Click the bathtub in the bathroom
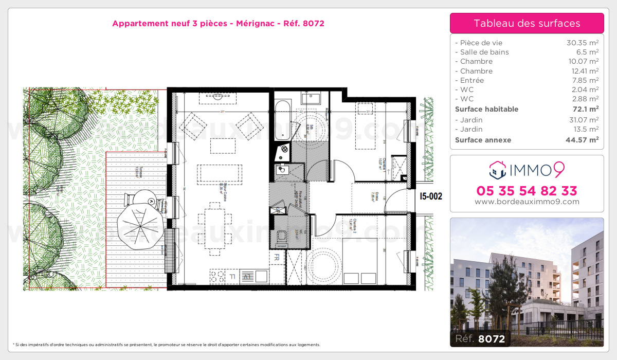282,120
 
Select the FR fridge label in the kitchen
277,257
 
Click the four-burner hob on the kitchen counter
217,276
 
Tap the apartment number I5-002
431,196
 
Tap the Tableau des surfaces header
527,23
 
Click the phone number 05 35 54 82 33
527,191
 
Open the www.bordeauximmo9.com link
527,202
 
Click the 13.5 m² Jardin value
586,129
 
